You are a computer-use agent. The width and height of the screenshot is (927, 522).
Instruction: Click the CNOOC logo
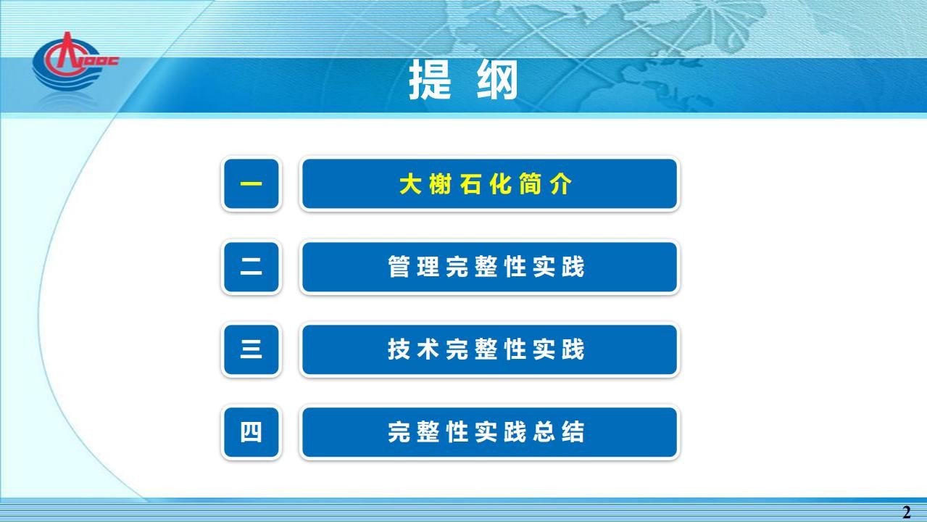coord(75,62)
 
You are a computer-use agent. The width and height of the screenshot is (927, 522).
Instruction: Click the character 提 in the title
coord(430,80)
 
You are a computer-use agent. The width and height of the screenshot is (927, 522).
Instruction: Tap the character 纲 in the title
coord(497,80)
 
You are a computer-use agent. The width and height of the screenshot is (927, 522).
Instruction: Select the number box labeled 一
coord(252,184)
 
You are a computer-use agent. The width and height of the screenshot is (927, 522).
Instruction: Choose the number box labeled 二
coord(252,267)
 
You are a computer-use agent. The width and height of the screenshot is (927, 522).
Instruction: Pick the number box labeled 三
coord(252,349)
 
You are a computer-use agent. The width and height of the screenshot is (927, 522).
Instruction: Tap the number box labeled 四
coord(252,432)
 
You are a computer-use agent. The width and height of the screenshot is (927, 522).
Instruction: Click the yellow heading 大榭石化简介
coord(486,184)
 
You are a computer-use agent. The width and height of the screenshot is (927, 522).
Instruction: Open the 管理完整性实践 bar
coord(489,267)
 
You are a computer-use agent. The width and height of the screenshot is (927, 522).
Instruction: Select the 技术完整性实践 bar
coord(489,349)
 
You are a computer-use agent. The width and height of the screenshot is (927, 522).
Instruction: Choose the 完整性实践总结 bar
coord(489,432)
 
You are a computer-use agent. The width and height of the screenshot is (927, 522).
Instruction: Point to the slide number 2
coord(906,513)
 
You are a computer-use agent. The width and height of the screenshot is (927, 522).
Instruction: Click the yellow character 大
coord(410,184)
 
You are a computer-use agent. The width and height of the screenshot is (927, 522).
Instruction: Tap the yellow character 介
coord(562,184)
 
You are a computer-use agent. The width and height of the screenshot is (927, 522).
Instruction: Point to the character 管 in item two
coord(399,267)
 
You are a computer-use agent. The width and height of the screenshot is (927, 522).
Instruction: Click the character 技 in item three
coord(399,349)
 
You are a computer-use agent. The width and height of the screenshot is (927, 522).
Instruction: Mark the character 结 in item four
coord(573,432)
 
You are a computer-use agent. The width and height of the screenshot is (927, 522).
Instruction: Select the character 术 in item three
coord(428,349)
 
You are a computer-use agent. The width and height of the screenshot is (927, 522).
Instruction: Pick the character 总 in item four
coord(544,432)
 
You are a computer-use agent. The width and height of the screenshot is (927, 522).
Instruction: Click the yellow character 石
coord(470,184)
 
